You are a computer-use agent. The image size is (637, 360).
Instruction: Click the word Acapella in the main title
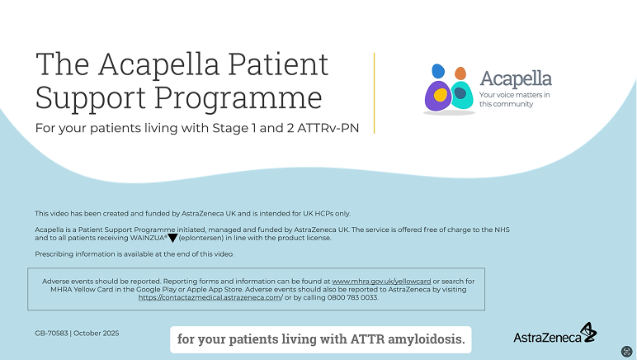[x=159, y=64]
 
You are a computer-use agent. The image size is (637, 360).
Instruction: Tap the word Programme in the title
[x=238, y=98]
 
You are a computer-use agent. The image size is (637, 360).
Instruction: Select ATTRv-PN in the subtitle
[x=328, y=128]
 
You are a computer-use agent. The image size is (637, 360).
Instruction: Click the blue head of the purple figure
[x=438, y=71]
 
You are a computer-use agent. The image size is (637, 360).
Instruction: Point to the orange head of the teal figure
[x=460, y=73]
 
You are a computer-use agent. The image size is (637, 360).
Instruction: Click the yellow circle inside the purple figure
[x=441, y=95]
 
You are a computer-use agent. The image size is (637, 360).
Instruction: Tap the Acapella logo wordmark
[x=516, y=78]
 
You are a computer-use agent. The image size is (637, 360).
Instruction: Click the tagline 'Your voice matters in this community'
[x=514, y=100]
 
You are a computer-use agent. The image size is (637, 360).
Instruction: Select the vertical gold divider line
[x=374, y=93]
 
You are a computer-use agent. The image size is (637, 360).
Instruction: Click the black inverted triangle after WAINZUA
[x=172, y=238]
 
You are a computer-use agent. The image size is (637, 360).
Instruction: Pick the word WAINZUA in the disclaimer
[x=147, y=238]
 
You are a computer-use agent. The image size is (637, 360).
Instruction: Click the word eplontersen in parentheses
[x=201, y=238]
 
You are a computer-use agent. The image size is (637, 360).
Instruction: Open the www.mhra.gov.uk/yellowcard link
[x=381, y=282]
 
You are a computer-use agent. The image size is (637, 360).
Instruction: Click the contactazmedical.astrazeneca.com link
[x=210, y=297]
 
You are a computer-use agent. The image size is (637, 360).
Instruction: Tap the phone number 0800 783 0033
[x=352, y=297]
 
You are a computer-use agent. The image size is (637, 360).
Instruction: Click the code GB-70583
[x=51, y=334]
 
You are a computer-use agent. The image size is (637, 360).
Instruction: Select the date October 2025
[x=97, y=334]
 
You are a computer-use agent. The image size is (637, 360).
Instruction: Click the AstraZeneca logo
[x=555, y=334]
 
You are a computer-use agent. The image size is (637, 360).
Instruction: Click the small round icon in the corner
[x=627, y=351]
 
